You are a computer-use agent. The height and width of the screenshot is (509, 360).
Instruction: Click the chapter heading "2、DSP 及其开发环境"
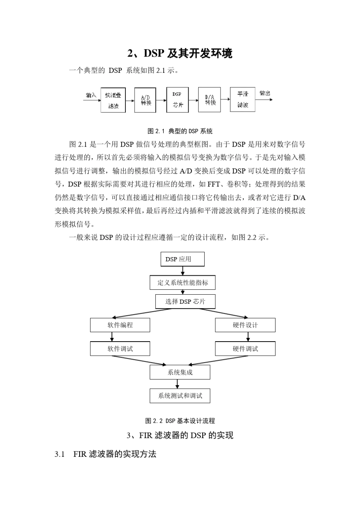[x=180, y=54]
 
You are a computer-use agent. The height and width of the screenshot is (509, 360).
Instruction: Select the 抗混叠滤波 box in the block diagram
[x=113, y=100]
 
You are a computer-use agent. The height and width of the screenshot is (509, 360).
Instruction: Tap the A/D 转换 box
[x=145, y=100]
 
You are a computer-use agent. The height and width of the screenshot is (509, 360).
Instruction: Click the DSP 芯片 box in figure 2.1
[x=177, y=100]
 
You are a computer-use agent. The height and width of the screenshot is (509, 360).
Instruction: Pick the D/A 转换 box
[x=209, y=100]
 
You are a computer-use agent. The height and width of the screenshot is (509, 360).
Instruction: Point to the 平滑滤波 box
[x=243, y=99]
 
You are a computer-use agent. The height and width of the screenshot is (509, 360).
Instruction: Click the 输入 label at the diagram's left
[x=91, y=95]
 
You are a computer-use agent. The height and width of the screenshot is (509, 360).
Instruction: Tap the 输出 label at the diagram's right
[x=265, y=93]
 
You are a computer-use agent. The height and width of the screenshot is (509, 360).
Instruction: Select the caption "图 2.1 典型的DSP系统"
[x=180, y=131]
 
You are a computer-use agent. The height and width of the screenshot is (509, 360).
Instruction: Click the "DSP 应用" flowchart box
[x=183, y=259]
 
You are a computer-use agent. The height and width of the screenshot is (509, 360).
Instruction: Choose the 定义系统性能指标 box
[x=183, y=283]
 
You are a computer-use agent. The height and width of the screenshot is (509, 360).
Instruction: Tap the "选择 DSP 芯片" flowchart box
[x=185, y=301]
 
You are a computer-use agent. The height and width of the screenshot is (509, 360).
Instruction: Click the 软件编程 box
[x=120, y=325]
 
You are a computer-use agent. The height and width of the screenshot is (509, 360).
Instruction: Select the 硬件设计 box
[x=245, y=325]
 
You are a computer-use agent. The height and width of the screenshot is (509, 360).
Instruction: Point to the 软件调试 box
[x=120, y=348]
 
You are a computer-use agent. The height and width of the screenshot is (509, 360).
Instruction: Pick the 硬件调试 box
[x=245, y=348]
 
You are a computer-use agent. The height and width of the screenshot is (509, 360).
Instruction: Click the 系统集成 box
[x=180, y=372]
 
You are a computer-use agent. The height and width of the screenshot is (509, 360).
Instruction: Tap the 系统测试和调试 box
[x=180, y=396]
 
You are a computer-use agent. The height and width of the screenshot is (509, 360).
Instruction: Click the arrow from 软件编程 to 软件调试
[x=112, y=337]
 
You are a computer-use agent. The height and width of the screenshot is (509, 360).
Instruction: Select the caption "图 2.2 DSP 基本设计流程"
[x=180, y=421]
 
